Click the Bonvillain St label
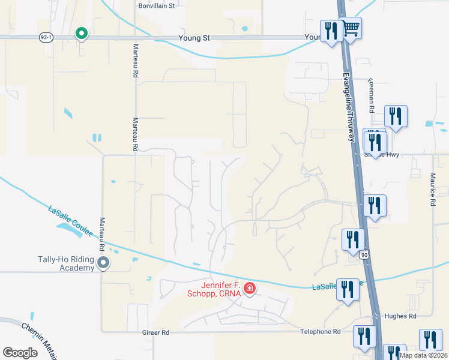pyautogui.click(x=156, y=5)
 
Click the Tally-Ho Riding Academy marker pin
pyautogui.click(x=103, y=262)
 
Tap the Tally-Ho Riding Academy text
pyautogui.click(x=65, y=264)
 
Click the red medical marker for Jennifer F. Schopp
pyautogui.click(x=249, y=289)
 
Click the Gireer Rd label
pyautogui.click(x=156, y=332)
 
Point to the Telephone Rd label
pyautogui.click(x=320, y=332)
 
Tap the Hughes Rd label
pyautogui.click(x=403, y=316)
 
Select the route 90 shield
pyautogui.click(x=364, y=255)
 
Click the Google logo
pyautogui.click(x=20, y=352)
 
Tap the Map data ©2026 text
pyautogui.click(x=423, y=355)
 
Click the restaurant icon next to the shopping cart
pyautogui.click(x=331, y=29)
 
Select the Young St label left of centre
pyautogui.click(x=194, y=38)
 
